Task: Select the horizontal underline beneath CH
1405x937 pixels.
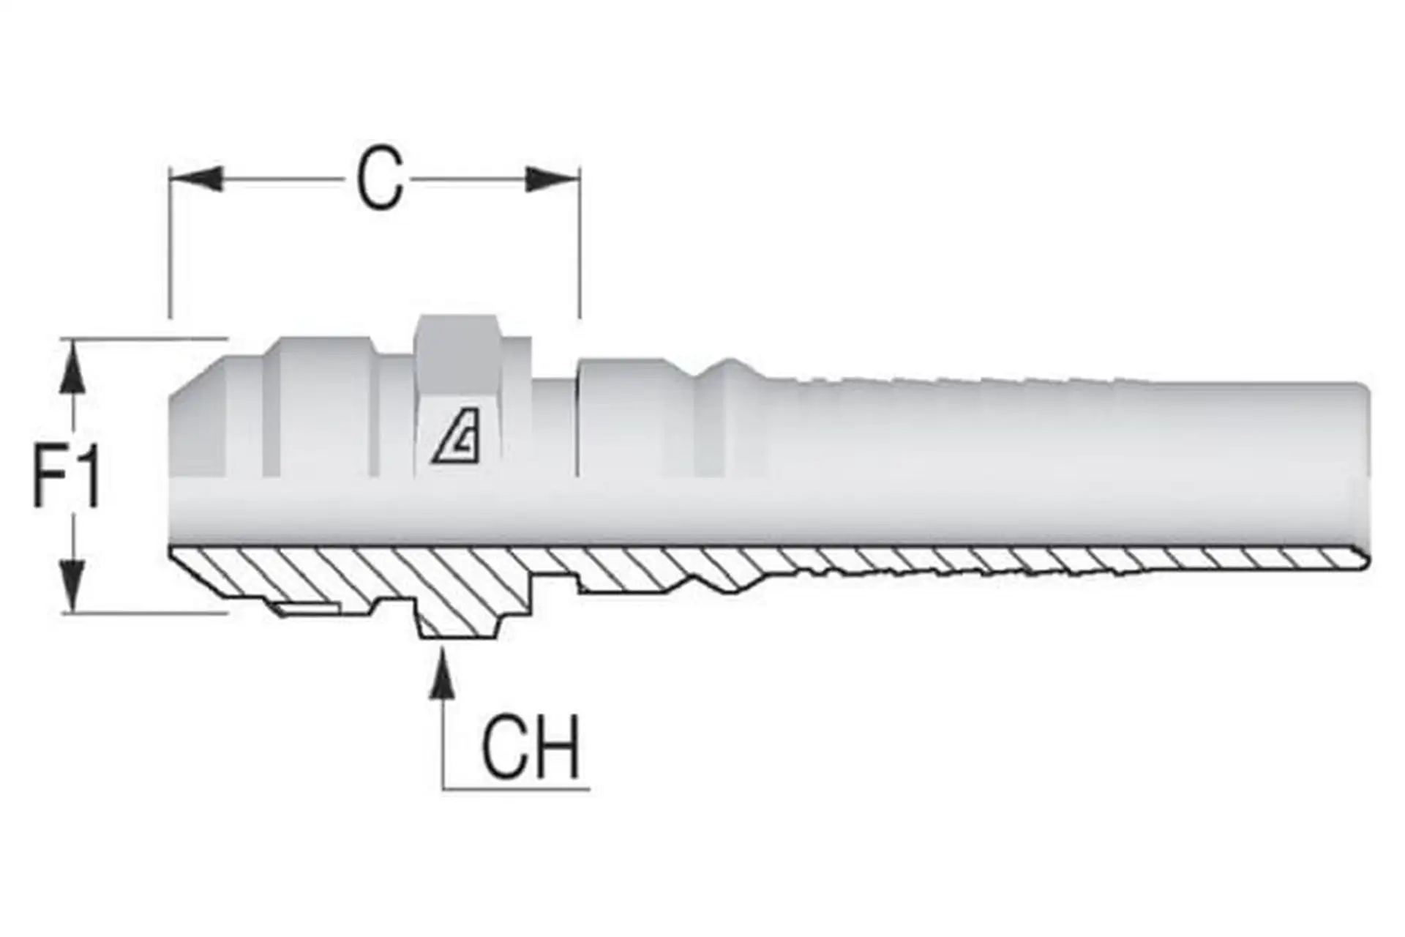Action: [516, 789]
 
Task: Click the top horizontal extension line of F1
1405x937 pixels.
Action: [146, 338]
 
